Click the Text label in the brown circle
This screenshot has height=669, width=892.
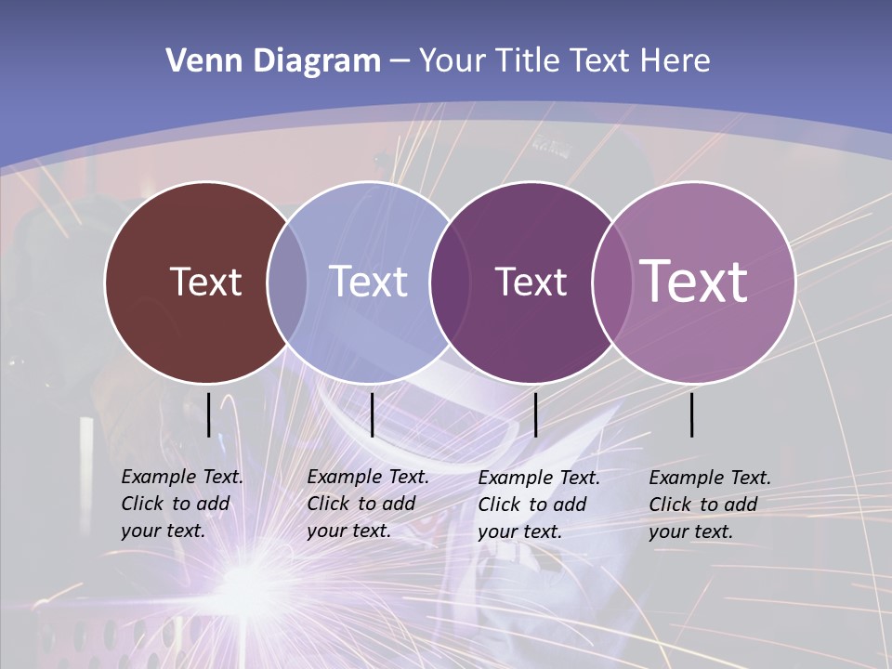coord(205,282)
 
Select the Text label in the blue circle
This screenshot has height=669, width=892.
coord(369,282)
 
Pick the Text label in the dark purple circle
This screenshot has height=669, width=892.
coord(531,282)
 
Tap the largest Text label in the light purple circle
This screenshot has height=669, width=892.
coord(694,281)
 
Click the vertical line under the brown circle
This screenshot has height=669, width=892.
coord(208,414)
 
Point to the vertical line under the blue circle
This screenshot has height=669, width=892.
coord(372,414)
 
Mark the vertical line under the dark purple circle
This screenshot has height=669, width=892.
coord(535,414)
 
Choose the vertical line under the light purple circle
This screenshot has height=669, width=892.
coord(692,414)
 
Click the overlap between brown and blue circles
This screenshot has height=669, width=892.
coord(287,282)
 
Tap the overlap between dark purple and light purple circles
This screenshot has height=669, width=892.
coord(610,282)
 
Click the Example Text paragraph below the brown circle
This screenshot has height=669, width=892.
coord(181,504)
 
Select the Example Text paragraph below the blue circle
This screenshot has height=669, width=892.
coord(367,504)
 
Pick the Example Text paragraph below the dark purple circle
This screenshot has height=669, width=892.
coord(538,505)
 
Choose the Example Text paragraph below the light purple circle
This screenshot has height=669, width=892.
coord(709,505)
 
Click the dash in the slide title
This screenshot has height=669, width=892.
coord(400,62)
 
